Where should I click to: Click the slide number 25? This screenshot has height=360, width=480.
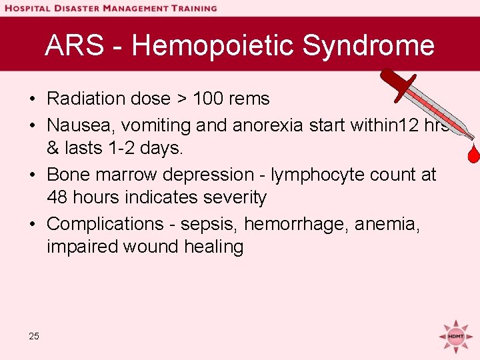tap(34, 336)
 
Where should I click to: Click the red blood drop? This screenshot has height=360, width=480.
tap(473, 154)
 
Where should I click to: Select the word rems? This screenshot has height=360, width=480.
tap(248, 99)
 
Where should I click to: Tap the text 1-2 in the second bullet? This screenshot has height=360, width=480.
tap(121, 148)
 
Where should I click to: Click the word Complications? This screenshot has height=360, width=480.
tap(105, 224)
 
